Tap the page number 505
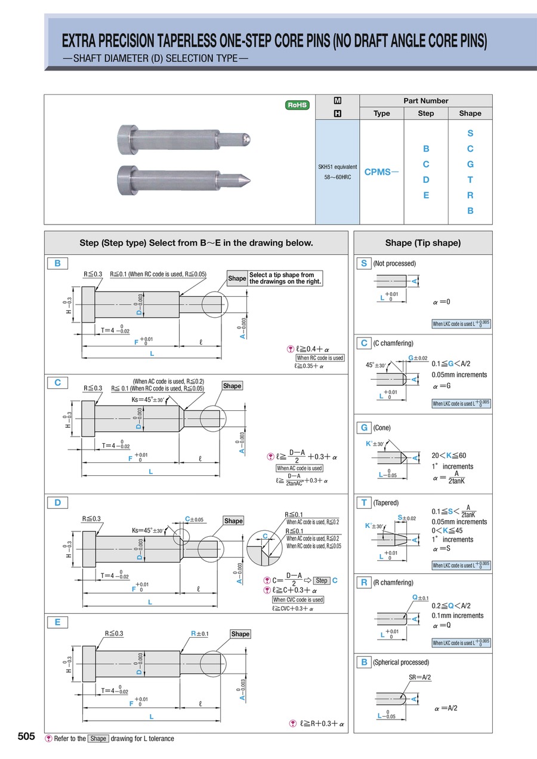26,736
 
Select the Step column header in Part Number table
426,113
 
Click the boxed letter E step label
58,622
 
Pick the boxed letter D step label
58,502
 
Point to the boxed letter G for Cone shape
363,428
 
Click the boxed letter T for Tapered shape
363,503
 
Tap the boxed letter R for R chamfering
363,582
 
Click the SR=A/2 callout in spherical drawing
420,677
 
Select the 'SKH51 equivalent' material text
337,167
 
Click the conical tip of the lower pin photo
247,179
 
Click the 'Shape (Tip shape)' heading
423,243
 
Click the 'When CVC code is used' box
298,600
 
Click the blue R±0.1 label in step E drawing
199,633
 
